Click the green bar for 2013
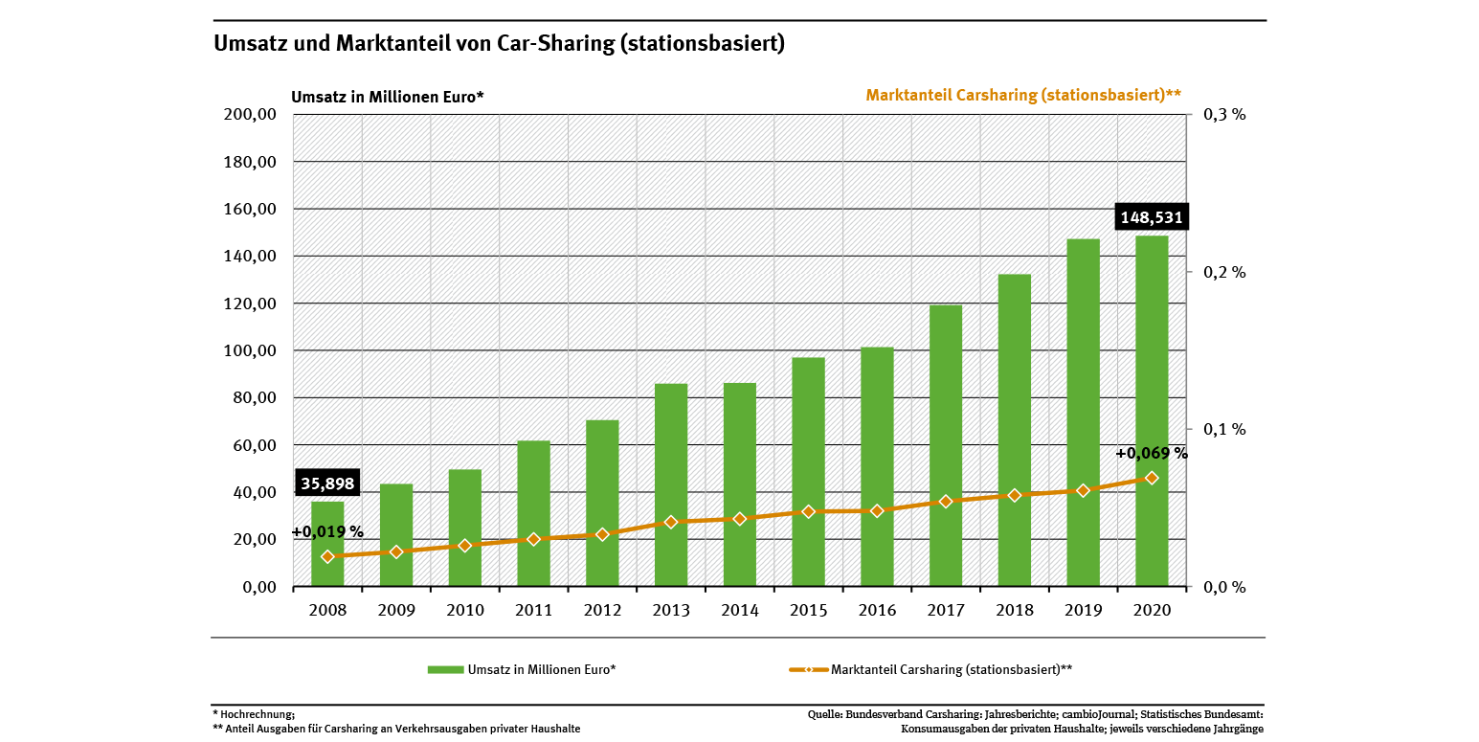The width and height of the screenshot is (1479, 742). [671, 484]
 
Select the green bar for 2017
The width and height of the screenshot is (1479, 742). [946, 445]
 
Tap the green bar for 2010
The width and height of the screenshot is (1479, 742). [465, 528]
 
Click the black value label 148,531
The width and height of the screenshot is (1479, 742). [1151, 218]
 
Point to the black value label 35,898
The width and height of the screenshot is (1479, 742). [327, 484]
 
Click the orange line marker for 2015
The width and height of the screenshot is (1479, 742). [808, 511]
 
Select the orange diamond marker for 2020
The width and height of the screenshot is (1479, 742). [1152, 478]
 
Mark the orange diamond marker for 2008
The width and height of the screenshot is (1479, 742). [327, 556]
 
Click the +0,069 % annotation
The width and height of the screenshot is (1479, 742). [1151, 454]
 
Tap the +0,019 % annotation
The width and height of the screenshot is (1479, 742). [327, 532]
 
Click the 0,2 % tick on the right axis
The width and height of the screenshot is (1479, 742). [1224, 272]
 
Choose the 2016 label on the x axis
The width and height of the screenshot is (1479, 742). [877, 610]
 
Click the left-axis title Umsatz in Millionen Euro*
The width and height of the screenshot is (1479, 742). [388, 97]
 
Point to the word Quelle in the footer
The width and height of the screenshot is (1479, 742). [826, 714]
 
